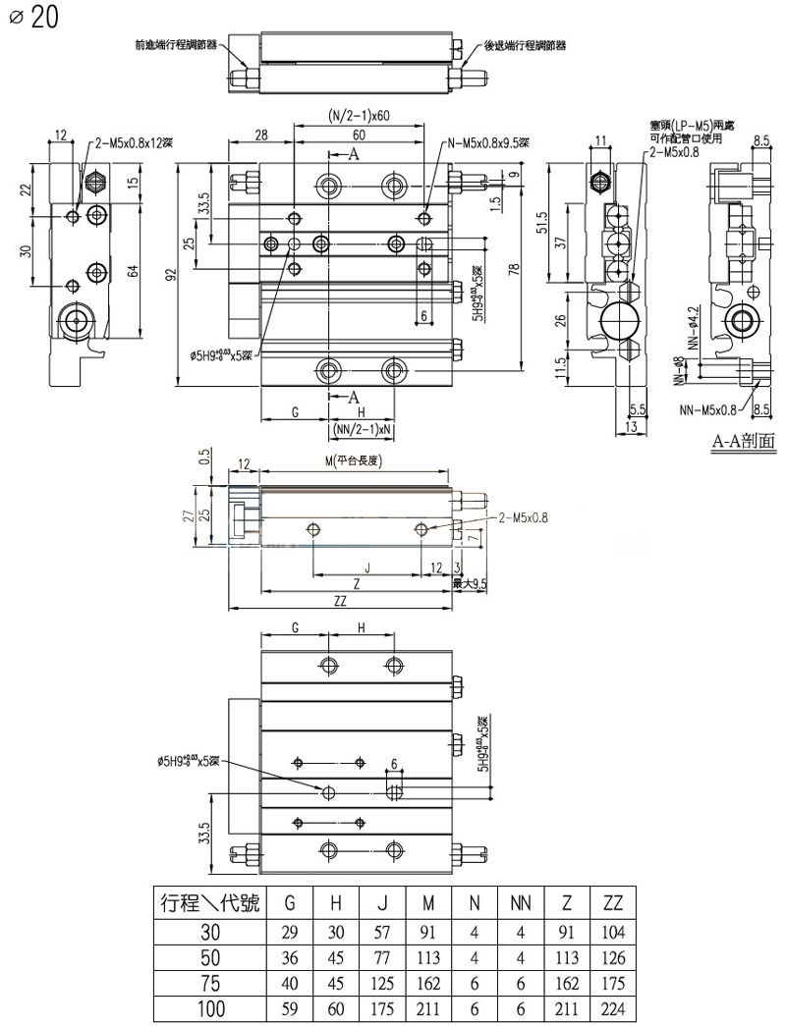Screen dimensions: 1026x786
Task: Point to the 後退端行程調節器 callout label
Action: point(525,45)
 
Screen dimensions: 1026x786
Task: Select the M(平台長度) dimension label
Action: point(357,461)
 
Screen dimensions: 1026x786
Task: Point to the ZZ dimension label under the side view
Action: point(340,602)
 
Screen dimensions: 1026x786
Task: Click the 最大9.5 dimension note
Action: point(470,583)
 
